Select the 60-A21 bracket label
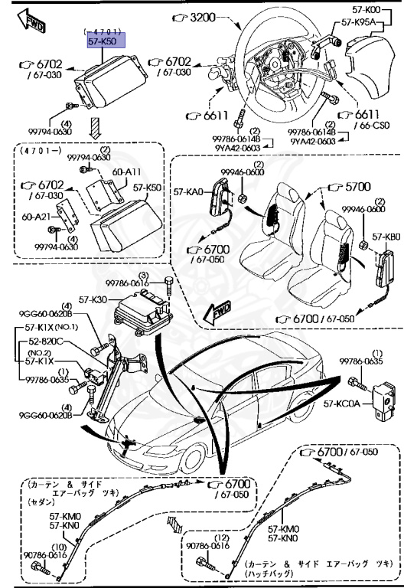(36, 217)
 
